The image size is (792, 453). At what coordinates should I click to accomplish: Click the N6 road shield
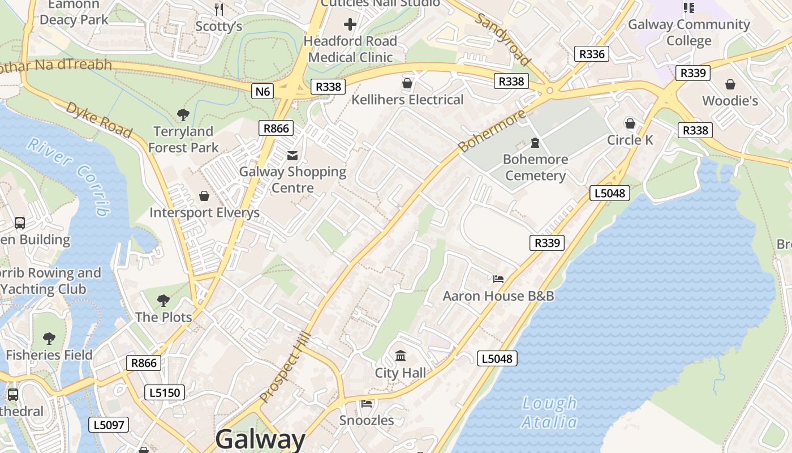pos(263,91)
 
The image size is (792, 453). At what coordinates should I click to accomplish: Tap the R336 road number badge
pos(592,54)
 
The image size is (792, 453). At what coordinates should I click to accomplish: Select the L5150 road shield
pos(165,392)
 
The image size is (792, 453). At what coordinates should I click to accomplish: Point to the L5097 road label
pos(109,425)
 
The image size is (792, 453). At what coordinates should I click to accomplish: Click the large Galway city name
pos(260,439)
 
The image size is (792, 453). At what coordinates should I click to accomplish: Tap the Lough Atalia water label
pos(549,413)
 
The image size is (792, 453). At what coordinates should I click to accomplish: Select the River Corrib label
pos(71,176)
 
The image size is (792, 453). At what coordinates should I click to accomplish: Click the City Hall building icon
pos(401,356)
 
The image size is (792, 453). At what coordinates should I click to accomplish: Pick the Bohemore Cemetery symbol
pos(535,142)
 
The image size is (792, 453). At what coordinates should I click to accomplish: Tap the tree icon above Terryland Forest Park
pos(183,115)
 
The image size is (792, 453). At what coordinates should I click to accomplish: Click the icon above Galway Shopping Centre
pos(292,155)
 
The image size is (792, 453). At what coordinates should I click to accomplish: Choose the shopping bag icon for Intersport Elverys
pos(204,196)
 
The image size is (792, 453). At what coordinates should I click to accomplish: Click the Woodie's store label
pos(730,101)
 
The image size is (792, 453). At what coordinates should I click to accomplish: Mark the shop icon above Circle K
pos(630,123)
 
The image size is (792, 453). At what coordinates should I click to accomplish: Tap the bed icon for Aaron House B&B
pos(498,279)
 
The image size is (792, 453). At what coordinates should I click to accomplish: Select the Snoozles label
pos(367,420)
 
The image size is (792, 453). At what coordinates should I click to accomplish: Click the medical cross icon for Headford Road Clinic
pos(350,24)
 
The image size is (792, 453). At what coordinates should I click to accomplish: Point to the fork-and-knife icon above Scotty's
pos(219,9)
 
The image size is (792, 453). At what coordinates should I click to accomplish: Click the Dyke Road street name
pos(100,119)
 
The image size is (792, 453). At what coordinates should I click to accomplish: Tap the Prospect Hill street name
pos(286,369)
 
